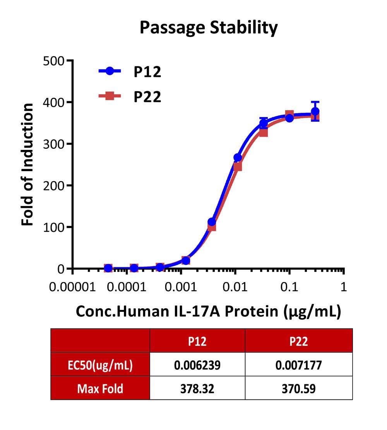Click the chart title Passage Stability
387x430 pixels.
209,28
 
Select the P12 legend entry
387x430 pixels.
130,71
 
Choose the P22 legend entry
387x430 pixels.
130,97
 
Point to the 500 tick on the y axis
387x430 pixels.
53,61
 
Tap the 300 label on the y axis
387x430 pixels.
53,144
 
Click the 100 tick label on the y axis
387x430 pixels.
53,227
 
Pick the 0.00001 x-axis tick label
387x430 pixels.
72,287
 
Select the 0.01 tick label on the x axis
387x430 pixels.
235,287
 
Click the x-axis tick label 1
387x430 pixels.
343,287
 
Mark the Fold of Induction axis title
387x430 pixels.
27,165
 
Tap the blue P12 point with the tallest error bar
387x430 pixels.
315,112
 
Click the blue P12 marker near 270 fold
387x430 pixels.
238,158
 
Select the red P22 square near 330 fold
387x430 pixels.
264,133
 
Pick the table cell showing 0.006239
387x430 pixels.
197,365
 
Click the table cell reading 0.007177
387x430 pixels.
298,365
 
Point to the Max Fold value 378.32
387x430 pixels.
197,389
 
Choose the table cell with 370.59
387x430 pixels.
298,389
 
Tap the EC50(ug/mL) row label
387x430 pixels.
100,365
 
